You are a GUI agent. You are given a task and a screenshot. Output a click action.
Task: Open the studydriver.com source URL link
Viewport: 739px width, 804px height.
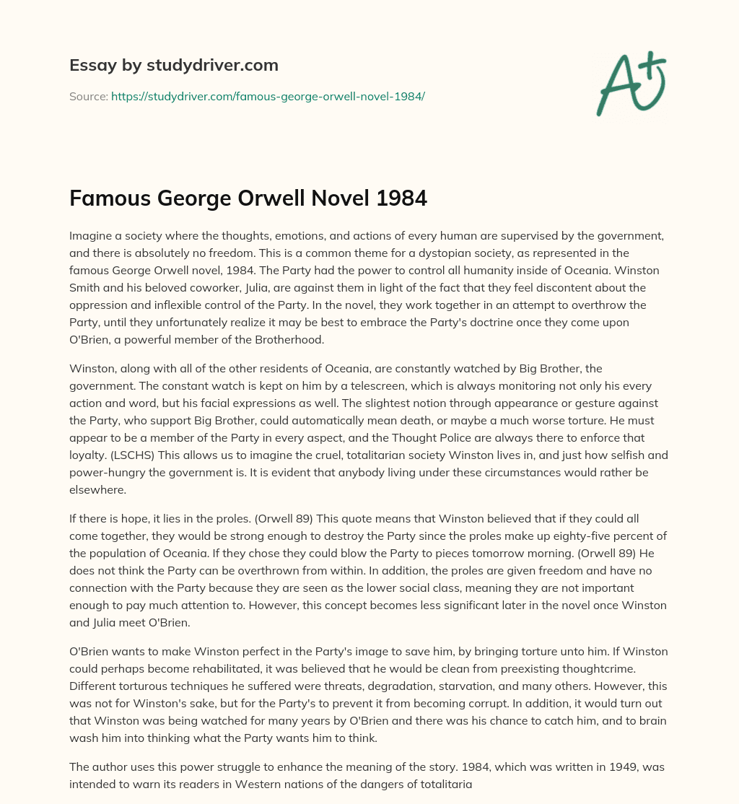[x=268, y=96]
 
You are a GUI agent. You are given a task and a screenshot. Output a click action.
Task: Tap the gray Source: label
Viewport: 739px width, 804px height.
[x=88, y=96]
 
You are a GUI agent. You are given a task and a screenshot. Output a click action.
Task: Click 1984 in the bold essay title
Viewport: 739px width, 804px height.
[x=401, y=197]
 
